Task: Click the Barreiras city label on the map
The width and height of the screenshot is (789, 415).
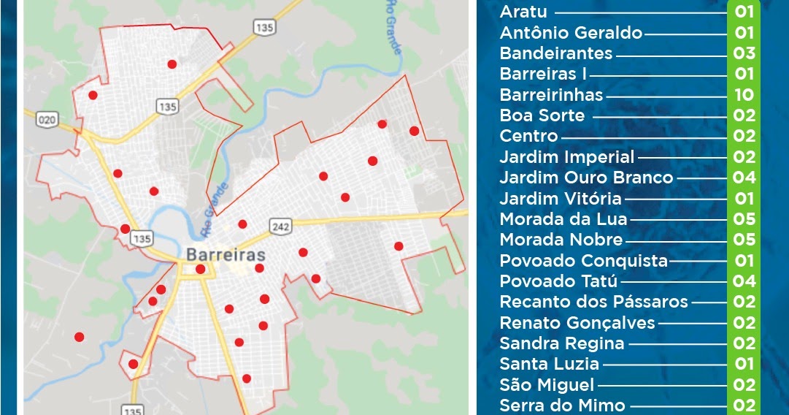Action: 225,255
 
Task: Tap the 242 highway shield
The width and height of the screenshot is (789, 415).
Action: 280,226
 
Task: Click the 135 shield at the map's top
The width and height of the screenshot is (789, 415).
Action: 263,27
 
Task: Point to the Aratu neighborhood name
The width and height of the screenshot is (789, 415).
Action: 523,12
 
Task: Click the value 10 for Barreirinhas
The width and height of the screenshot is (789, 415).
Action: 744,95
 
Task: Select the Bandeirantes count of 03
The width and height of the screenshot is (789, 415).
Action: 744,53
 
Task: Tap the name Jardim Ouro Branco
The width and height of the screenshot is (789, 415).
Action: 586,178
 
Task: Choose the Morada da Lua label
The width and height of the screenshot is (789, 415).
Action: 563,219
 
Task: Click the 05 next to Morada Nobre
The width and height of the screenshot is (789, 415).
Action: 744,240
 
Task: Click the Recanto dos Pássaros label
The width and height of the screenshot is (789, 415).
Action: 593,302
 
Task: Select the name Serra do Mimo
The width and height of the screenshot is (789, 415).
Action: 562,406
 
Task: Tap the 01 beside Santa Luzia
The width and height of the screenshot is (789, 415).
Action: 744,364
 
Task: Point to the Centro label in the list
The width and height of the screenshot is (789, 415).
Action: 528,136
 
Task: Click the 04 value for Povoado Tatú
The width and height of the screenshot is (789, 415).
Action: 744,281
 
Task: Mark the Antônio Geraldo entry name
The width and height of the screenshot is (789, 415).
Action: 571,33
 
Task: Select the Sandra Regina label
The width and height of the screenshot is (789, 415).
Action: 561,343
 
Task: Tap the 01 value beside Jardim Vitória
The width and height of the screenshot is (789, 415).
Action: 744,199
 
